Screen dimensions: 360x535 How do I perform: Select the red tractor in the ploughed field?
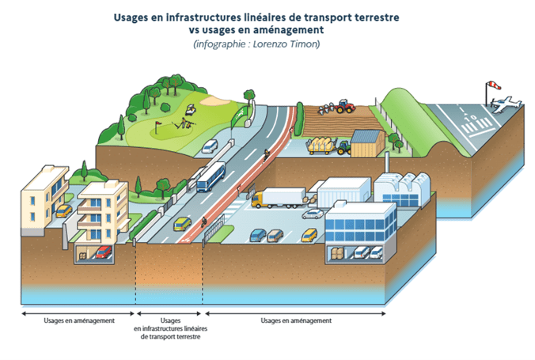[343, 105]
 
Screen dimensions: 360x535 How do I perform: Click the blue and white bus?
[211, 176]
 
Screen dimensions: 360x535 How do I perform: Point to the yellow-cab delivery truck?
[278, 198]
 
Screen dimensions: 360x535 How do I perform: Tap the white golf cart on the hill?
[189, 110]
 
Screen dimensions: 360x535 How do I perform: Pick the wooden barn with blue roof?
[366, 145]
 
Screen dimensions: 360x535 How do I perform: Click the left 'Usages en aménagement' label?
[80, 320]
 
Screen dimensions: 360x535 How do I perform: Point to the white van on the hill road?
[210, 146]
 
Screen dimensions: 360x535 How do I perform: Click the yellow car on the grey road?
[182, 224]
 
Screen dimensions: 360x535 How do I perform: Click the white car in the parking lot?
[313, 212]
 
